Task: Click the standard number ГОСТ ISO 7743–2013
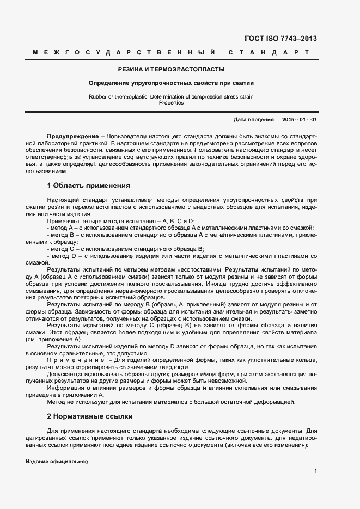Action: pyautogui.click(x=281, y=39)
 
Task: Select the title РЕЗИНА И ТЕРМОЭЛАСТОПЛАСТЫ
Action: pyautogui.click(x=172, y=69)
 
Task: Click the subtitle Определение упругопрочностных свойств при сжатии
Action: pyautogui.click(x=172, y=83)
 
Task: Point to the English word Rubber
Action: pyautogui.click(x=98, y=96)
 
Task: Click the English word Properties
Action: pyautogui.click(x=171, y=103)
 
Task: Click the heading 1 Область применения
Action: pyautogui.click(x=88, y=186)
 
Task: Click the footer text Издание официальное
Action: pyautogui.click(x=57, y=461)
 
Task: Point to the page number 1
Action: pyautogui.click(x=315, y=471)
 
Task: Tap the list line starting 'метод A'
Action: pyautogui.click(x=180, y=228)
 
